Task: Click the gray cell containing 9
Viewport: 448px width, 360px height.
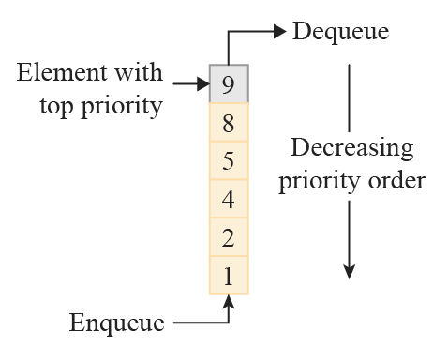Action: pos(229,83)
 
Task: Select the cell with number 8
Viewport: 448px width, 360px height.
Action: pos(229,122)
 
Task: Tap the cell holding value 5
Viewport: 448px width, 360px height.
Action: pos(229,160)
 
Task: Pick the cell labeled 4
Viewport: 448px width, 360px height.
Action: pos(229,199)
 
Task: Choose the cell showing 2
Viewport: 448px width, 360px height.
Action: pos(229,237)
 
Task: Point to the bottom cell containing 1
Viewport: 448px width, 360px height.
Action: pos(229,276)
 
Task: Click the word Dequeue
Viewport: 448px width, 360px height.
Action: pos(340,32)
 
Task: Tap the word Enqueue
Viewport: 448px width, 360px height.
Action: pos(117,324)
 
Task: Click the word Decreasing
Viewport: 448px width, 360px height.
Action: pos(351,149)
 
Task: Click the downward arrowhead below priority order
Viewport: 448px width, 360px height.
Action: pos(349,271)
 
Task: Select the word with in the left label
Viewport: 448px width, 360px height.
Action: pos(141,73)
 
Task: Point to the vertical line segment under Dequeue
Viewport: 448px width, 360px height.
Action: pos(349,97)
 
